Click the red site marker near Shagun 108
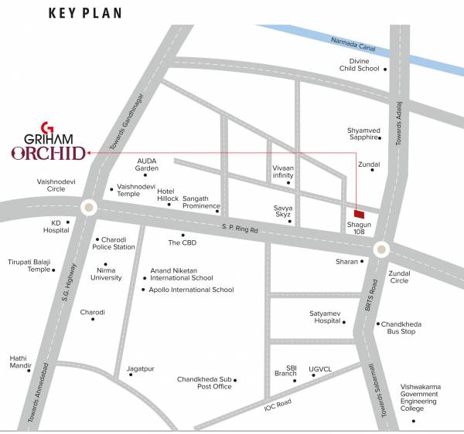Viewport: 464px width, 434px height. tap(357, 214)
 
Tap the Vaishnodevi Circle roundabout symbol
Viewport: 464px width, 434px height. tap(89, 207)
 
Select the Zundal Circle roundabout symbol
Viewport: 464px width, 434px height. tap(381, 249)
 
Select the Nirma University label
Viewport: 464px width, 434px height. tap(106, 274)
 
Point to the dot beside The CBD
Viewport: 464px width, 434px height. tap(183, 235)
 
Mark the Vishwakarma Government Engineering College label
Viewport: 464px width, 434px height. tap(418, 398)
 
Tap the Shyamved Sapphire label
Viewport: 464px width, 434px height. tap(363, 134)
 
